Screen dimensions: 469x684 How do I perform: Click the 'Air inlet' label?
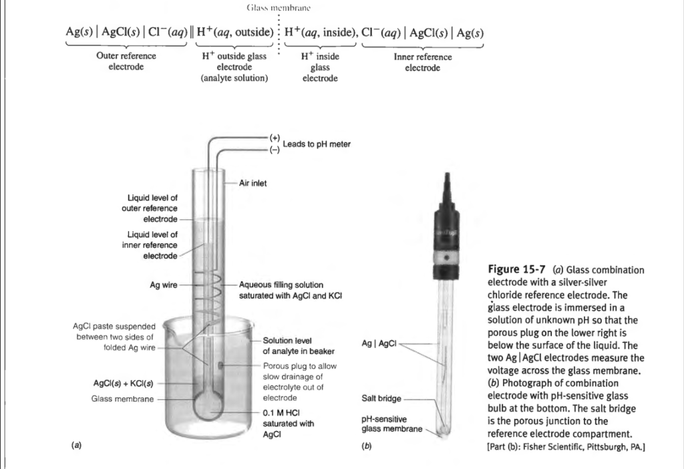tap(252, 183)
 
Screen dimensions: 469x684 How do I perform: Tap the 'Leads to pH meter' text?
tap(316, 144)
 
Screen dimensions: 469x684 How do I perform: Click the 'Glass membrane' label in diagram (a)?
tap(122, 399)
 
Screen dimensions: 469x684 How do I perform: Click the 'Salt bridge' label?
tap(380, 398)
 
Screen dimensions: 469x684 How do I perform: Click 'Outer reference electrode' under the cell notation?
tap(126, 61)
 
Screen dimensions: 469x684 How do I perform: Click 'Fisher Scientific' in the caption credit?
tap(550, 447)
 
